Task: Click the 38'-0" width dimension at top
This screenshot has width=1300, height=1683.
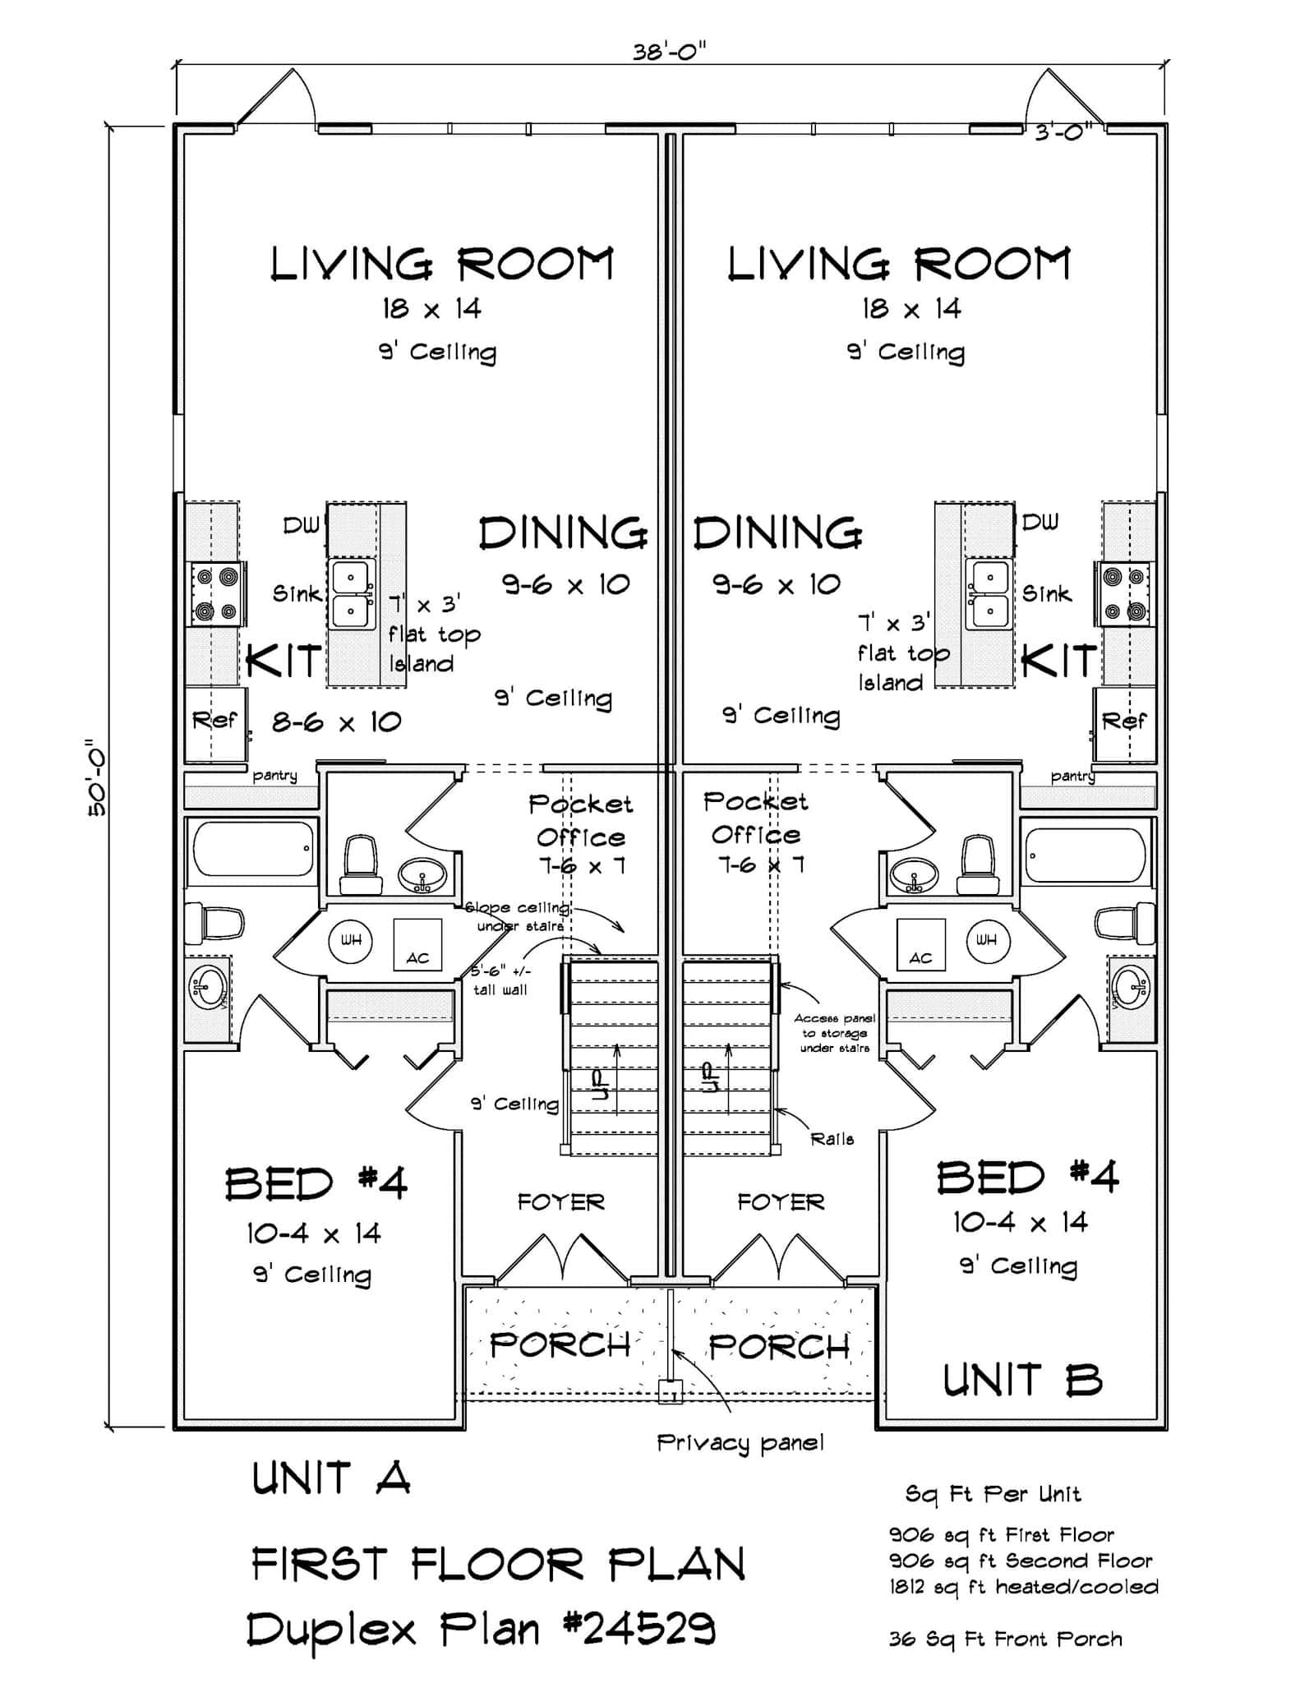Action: [x=670, y=52]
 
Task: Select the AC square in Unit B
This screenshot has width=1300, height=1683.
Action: [x=920, y=945]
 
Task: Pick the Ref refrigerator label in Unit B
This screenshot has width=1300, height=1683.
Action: [x=1123, y=721]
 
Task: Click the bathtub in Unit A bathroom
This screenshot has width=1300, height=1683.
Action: [x=253, y=848]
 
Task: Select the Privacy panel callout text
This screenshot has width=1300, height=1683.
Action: [x=740, y=1442]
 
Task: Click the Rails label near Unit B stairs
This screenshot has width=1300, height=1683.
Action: [x=832, y=1139]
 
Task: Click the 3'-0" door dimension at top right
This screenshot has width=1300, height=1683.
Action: [x=1063, y=131]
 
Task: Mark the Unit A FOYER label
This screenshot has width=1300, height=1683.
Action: [x=560, y=1202]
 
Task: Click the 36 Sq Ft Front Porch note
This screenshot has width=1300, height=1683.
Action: [x=1005, y=1639]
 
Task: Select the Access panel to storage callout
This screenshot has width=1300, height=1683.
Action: [x=834, y=1033]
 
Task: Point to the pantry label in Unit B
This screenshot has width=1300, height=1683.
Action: [x=1072, y=776]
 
